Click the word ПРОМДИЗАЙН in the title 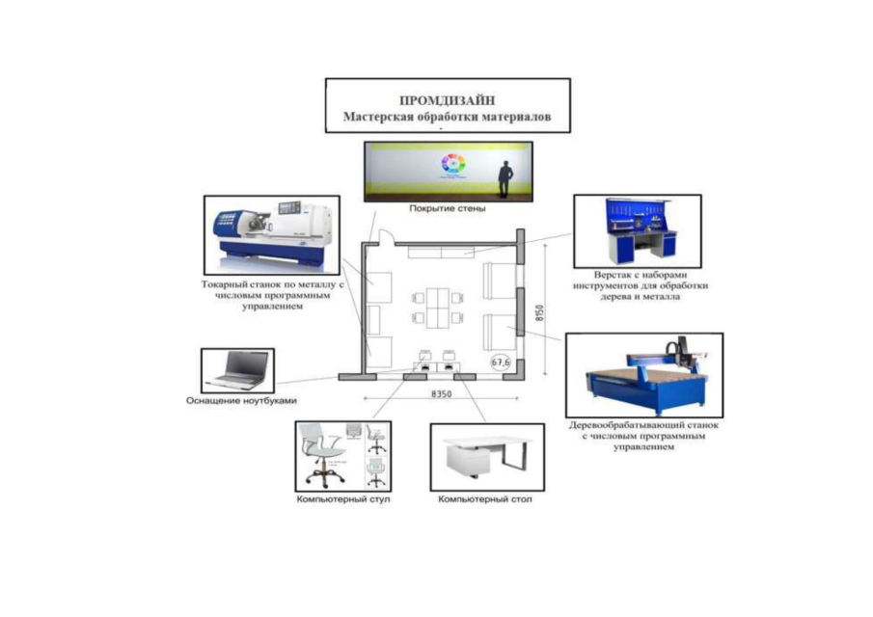point(447,100)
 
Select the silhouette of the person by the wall point(504,180)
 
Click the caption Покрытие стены point(447,208)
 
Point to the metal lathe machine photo point(271,234)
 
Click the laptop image point(236,368)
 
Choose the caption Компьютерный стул point(343,499)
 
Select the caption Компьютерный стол point(485,499)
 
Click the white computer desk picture point(485,455)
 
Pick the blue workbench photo point(637,231)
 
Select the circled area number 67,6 point(501,362)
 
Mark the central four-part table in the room point(441,307)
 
